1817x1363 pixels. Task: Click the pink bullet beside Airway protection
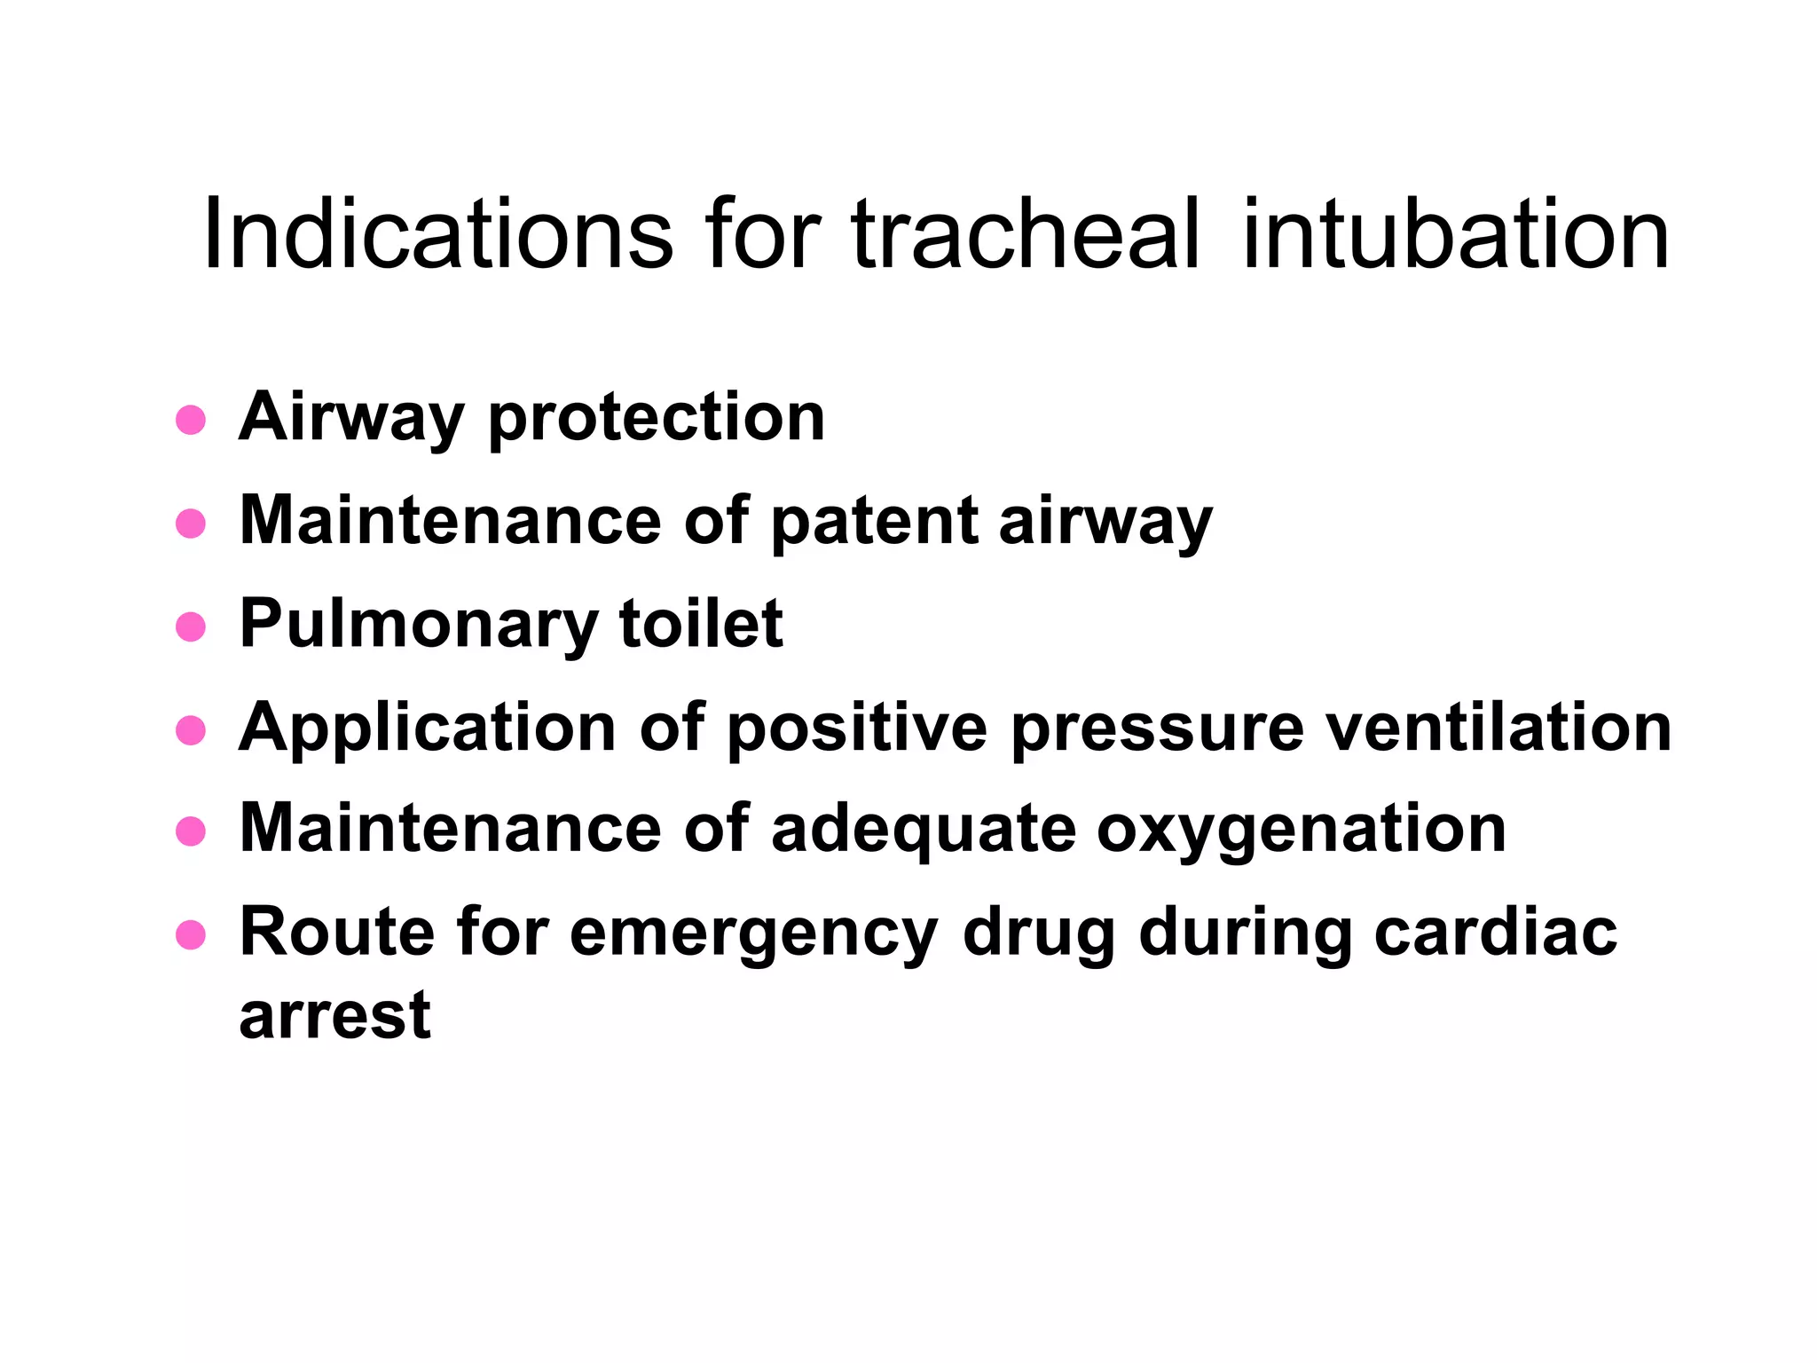pyautogui.click(x=191, y=420)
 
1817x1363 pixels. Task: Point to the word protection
pyautogui.click(x=657, y=419)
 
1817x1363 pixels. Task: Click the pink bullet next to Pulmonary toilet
pyautogui.click(x=191, y=626)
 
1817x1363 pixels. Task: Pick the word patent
pyautogui.click(x=873, y=523)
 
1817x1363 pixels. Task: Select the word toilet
pyautogui.click(x=701, y=624)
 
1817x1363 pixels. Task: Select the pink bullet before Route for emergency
pyautogui.click(x=191, y=935)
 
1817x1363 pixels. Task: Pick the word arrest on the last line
pyautogui.click(x=334, y=1015)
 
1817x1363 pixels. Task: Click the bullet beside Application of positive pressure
pyautogui.click(x=191, y=730)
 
